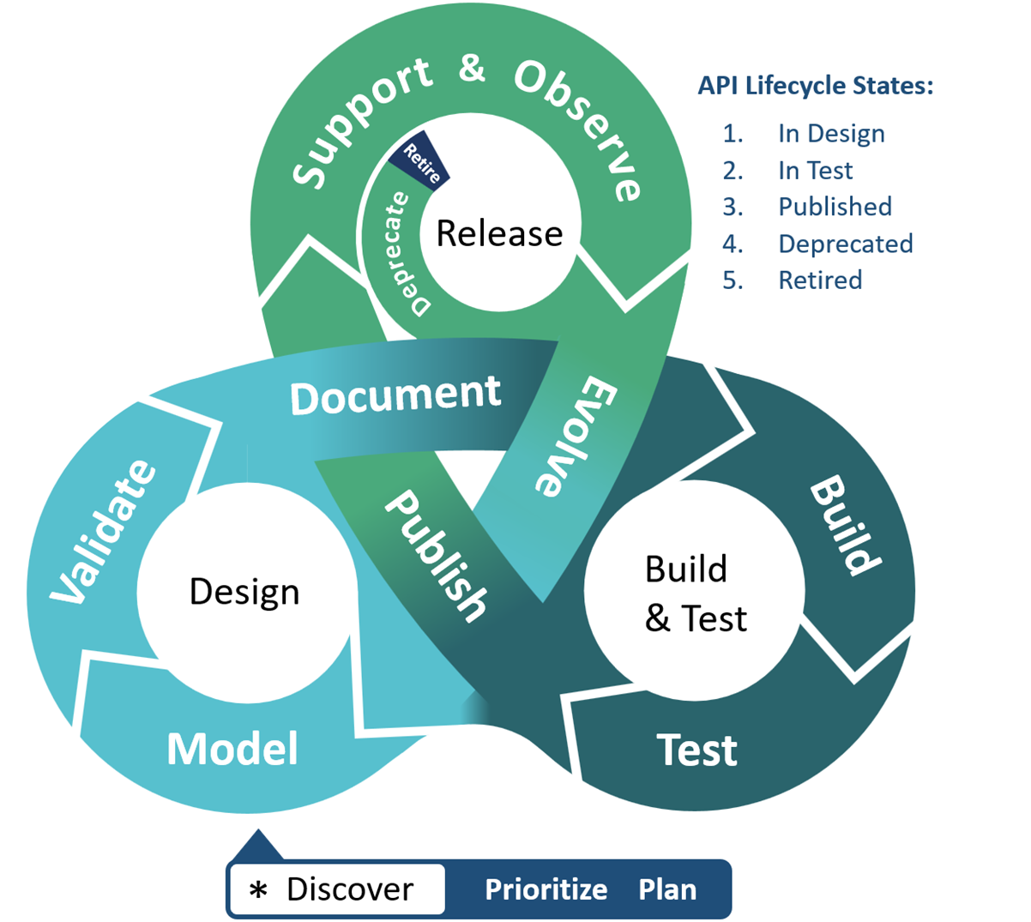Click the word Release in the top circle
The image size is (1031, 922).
pyautogui.click(x=499, y=233)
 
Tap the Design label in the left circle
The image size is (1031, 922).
pyautogui.click(x=244, y=592)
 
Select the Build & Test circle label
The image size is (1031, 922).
pyautogui.click(x=695, y=594)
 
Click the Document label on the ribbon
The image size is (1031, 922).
pyautogui.click(x=395, y=395)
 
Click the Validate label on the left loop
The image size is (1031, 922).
pyautogui.click(x=103, y=532)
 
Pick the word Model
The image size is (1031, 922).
pyautogui.click(x=232, y=749)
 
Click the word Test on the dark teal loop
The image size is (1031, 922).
pyautogui.click(x=697, y=750)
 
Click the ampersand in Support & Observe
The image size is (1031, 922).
pyautogui.click(x=472, y=69)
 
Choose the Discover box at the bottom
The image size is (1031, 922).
pyautogui.click(x=337, y=889)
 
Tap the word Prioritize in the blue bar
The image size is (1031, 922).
pyautogui.click(x=546, y=889)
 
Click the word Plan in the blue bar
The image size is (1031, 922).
pyautogui.click(x=667, y=889)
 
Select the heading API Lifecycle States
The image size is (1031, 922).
pyautogui.click(x=815, y=86)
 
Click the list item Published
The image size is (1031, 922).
pyautogui.click(x=835, y=207)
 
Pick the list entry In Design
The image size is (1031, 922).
pyautogui.click(x=831, y=134)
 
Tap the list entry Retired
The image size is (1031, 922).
pyautogui.click(x=820, y=280)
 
